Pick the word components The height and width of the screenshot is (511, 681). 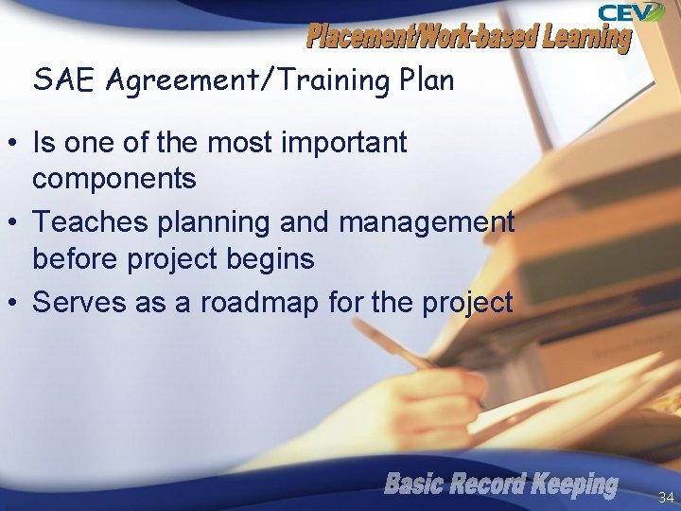tap(114, 178)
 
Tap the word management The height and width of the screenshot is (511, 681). tap(427, 223)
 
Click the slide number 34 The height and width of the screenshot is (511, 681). tap(666, 497)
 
